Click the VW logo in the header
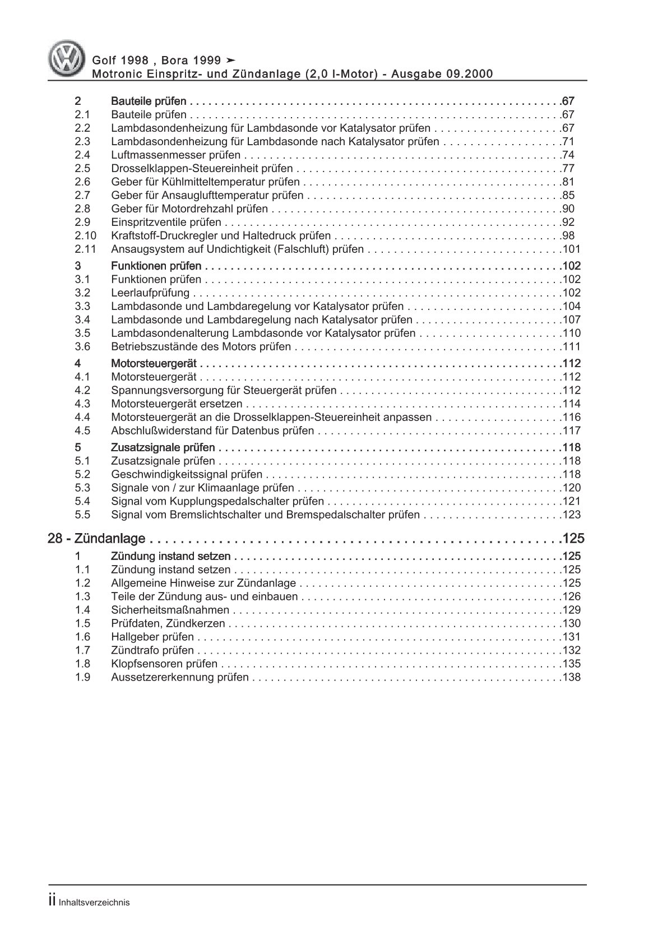(64, 60)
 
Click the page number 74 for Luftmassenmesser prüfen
(568, 155)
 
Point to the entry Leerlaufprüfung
(150, 293)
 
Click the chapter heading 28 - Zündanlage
(96, 539)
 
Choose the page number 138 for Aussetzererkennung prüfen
(571, 678)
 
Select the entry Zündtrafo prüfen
(152, 651)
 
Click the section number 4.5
(82, 431)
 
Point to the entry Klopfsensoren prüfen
(164, 664)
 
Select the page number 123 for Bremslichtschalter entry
(571, 515)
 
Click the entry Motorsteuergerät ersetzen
(177, 404)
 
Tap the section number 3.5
(82, 334)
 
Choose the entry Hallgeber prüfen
(152, 637)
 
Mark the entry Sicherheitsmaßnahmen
(170, 610)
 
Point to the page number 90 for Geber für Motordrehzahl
(568, 209)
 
